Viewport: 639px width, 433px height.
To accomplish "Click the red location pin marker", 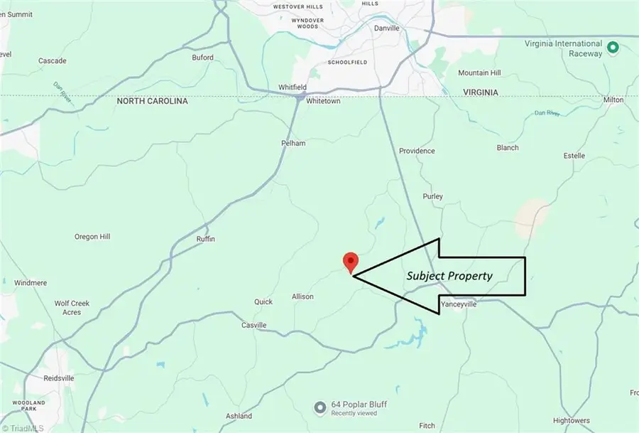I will pyautogui.click(x=349, y=262).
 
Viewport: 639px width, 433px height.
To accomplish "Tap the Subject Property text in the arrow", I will pyautogui.click(x=449, y=276).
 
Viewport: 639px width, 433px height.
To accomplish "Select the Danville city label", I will pyautogui.click(x=387, y=28).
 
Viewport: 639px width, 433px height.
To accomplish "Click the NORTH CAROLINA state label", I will pyautogui.click(x=153, y=102).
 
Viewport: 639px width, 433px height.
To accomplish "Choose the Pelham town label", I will pyautogui.click(x=293, y=143).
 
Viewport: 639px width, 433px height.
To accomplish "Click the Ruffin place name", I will pyautogui.click(x=205, y=240).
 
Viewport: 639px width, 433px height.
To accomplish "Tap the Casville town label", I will pyautogui.click(x=253, y=325).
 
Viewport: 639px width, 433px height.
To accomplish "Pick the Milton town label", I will pyautogui.click(x=613, y=100).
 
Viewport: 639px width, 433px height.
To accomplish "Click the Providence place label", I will pyautogui.click(x=417, y=151).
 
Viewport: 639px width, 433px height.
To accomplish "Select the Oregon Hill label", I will pyautogui.click(x=97, y=237).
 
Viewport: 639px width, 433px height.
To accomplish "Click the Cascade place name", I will pyautogui.click(x=53, y=61).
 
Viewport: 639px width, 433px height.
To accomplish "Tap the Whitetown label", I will pyautogui.click(x=323, y=102).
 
